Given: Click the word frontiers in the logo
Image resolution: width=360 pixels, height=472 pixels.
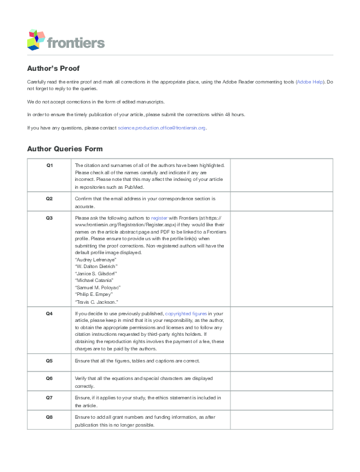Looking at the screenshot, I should (x=76, y=42).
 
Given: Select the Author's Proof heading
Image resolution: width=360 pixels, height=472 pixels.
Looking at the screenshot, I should (x=53, y=68).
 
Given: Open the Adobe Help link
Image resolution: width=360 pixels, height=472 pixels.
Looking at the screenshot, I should (x=310, y=81).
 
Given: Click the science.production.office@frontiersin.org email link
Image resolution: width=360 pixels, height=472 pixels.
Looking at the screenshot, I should (x=162, y=128).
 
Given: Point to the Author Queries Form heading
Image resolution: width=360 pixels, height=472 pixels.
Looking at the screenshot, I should (x=65, y=148).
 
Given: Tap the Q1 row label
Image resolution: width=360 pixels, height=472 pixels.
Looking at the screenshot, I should (x=50, y=165).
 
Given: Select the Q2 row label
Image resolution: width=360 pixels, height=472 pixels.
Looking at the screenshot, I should (x=50, y=198).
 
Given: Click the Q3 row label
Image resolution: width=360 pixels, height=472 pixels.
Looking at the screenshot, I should (x=50, y=216).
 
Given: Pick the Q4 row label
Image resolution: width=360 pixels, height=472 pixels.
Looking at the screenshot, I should (x=50, y=313).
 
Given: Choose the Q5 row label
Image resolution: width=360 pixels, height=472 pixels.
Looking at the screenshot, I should (x=50, y=361).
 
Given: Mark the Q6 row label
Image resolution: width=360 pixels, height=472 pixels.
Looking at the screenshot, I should (x=50, y=378).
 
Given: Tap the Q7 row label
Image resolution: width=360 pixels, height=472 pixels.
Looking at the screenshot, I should (x=50, y=397).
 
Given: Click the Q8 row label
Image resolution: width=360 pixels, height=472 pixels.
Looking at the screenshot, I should (x=50, y=417).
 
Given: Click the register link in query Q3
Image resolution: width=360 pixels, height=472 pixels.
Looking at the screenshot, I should (x=160, y=217).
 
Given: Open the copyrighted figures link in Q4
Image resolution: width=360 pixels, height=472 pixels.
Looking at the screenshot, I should (x=186, y=313).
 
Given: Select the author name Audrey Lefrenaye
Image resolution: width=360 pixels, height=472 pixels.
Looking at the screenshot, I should (x=96, y=259).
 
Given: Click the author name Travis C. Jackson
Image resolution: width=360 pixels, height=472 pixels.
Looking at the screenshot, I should (x=96, y=301).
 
